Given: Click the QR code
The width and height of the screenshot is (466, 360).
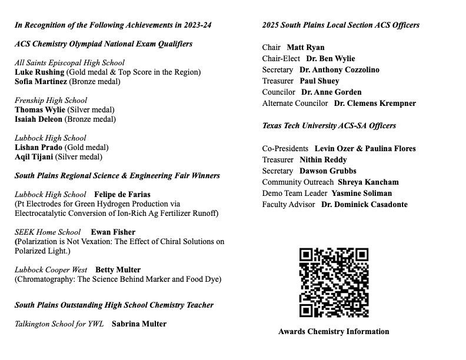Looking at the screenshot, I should coord(334,283).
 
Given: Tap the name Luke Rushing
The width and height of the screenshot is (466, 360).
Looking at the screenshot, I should coord(39,72).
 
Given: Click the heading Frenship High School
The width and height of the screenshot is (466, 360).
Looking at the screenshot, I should coord(51,101).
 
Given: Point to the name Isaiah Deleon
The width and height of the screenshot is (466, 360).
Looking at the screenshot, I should coord(38,119).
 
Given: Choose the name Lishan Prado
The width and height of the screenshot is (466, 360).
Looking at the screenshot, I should coord(38,148).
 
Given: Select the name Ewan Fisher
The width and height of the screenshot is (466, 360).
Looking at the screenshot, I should coord(113,232).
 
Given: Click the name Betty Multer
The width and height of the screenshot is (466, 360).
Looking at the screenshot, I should coord(118,270).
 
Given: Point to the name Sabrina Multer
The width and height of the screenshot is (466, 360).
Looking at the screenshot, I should coord(139,324).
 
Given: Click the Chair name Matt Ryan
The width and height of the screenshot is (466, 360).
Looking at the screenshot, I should coord(305,48).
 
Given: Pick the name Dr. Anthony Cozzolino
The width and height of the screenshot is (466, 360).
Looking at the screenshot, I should coord(339,70).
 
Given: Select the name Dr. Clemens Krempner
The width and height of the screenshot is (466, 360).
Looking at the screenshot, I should coord(375,104).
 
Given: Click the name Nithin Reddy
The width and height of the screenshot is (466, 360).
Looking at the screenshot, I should coord(323,160).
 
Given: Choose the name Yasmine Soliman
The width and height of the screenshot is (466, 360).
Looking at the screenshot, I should coord(361,194).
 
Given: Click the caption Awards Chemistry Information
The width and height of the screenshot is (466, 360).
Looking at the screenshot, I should coord(334,332).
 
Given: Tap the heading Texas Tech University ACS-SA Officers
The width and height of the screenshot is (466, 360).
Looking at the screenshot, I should coord(329,126).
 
